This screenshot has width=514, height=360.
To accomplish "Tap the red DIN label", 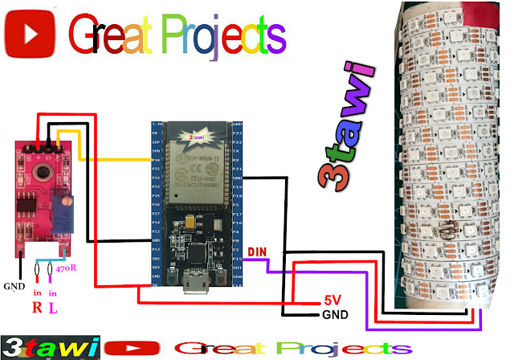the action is [x=257, y=252].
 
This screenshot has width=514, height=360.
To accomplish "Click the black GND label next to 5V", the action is [x=336, y=314].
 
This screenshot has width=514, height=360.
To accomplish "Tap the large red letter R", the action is [x=36, y=307].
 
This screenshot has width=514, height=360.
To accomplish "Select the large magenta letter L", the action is [x=53, y=307].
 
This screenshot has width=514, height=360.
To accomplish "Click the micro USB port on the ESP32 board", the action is [x=193, y=283].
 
